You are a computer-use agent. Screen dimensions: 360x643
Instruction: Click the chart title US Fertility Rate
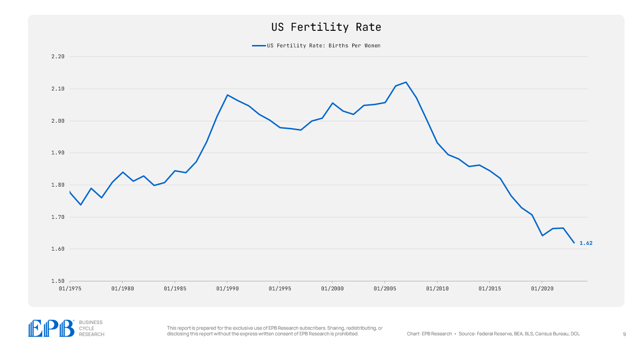(326, 27)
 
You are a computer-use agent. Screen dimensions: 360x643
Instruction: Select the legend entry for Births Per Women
(323, 46)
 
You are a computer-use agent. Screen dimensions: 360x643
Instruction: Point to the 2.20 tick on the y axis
(57, 57)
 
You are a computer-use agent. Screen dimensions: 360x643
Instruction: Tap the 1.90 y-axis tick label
(57, 153)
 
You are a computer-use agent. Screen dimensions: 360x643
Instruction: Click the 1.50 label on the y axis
(57, 281)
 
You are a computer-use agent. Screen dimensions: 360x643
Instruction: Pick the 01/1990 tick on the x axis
(227, 288)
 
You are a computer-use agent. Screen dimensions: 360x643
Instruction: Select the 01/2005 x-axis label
(384, 288)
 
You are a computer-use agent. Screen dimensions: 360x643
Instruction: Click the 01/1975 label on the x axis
(70, 288)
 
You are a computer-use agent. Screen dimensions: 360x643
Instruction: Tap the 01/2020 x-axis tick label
(542, 288)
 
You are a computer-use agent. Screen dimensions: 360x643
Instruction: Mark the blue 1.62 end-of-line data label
(586, 243)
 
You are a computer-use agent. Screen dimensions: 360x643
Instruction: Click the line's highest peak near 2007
(406, 82)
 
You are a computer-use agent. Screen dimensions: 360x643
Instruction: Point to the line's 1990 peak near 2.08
(227, 95)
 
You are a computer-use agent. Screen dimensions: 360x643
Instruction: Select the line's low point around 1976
(80, 205)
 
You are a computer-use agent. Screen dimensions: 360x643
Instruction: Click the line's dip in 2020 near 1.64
(542, 235)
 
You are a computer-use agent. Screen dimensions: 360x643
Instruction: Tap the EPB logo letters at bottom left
(52, 328)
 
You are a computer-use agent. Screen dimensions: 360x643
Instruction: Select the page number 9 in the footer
(624, 334)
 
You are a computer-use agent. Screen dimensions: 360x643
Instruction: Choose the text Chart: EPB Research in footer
(429, 334)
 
